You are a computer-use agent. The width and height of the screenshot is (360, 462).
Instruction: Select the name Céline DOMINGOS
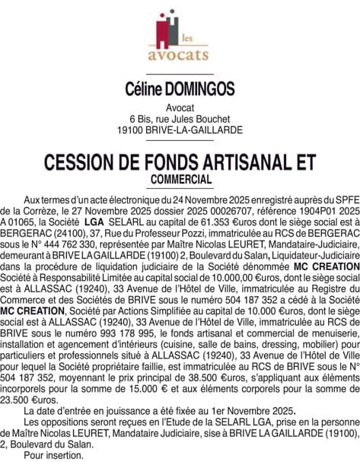coord(180,90)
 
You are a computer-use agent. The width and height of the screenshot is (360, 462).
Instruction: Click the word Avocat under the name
coord(180,107)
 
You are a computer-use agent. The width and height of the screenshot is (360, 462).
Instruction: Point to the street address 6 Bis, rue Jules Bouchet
coord(180,119)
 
